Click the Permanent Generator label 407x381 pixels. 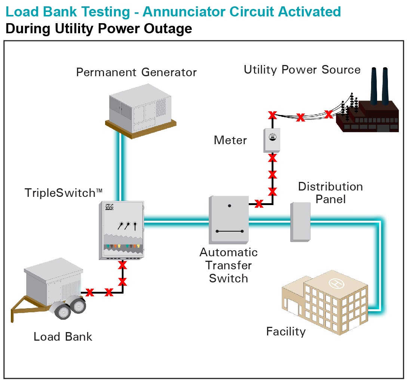pyautogui.click(x=136, y=72)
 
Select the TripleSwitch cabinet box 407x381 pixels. pyautogui.click(x=121, y=230)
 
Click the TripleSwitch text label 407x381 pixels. pyautogui.click(x=63, y=193)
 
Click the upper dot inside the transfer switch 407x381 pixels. pyautogui.click(x=230, y=205)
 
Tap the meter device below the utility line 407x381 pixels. pyautogui.click(x=272, y=140)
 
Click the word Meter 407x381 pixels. pyautogui.click(x=230, y=140)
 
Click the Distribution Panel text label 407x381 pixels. pyautogui.click(x=330, y=193)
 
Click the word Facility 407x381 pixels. pyautogui.click(x=286, y=331)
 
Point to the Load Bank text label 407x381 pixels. pyautogui.click(x=63, y=337)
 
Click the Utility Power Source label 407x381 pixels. pyautogui.click(x=302, y=70)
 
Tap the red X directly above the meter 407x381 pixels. pyautogui.click(x=272, y=115)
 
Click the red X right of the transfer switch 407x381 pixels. pyautogui.click(x=258, y=204)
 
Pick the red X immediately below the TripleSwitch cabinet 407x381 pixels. pyautogui.click(x=122, y=266)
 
